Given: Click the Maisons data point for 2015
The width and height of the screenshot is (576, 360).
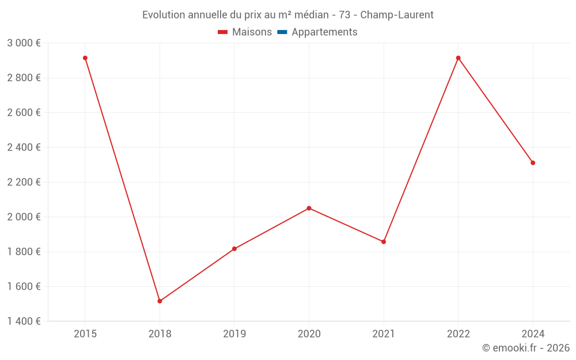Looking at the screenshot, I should (85, 58).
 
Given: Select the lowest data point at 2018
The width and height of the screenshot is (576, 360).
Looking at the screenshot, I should (160, 301).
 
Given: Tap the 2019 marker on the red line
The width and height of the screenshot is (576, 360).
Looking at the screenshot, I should (234, 249).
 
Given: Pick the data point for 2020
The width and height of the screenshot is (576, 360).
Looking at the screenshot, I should (309, 208).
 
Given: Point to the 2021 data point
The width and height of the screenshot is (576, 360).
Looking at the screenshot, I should (384, 242).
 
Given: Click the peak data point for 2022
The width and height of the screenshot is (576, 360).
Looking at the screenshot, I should (458, 58).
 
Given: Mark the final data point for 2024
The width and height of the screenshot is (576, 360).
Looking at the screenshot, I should (533, 163).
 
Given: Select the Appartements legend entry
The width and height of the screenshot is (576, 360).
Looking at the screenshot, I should (324, 32).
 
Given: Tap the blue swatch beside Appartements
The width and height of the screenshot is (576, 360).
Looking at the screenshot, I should (282, 32).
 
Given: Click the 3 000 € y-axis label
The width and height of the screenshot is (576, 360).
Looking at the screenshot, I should (24, 43).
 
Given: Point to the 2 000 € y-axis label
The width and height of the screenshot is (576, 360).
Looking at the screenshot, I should (24, 217).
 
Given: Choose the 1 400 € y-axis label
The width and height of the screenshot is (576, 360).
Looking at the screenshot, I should (24, 321).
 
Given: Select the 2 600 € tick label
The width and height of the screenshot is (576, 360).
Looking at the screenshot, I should (24, 113).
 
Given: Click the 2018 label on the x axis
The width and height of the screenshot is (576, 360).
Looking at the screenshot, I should (160, 334).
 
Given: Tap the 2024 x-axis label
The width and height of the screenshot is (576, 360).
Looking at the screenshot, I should (533, 334).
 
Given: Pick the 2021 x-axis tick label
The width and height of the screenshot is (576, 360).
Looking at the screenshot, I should (384, 334).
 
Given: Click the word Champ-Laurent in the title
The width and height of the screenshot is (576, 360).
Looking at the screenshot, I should (397, 15).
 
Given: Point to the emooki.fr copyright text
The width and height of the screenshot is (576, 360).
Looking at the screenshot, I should (526, 348).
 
